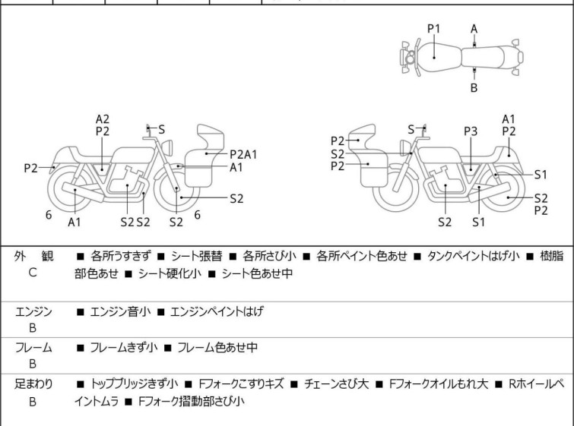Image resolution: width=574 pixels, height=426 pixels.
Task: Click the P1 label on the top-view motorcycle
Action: (x=433, y=29)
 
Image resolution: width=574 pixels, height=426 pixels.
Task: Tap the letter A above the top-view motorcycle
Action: (x=474, y=29)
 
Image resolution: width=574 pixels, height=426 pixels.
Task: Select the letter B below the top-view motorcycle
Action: (x=474, y=88)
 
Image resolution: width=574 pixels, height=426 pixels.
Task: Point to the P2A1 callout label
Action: (x=243, y=154)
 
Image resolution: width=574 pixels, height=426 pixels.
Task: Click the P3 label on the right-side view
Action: (x=471, y=131)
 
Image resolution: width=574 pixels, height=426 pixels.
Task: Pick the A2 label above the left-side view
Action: (x=103, y=119)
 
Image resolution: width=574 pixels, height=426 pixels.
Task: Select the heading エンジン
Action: (x=34, y=311)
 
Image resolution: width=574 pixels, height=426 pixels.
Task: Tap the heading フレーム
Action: (x=34, y=348)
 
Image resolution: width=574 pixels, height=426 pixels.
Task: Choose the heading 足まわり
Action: (x=34, y=384)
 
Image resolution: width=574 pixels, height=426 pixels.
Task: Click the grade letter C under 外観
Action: (x=32, y=273)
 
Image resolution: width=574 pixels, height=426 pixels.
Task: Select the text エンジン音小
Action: (x=122, y=311)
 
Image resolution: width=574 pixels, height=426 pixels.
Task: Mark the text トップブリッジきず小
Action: (x=134, y=384)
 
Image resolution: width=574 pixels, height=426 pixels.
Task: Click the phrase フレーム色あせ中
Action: (x=217, y=348)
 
